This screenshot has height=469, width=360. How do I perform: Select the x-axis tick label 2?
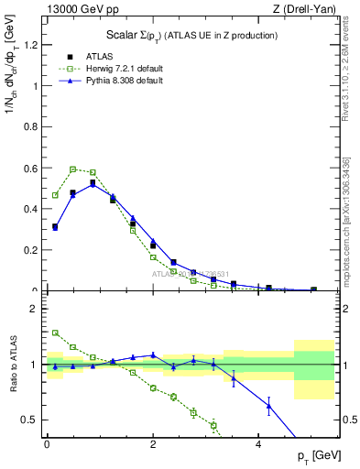pos(153,443)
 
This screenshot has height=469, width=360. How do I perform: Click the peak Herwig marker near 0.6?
pos(72,169)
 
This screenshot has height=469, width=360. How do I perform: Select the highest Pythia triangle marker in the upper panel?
pos(93,184)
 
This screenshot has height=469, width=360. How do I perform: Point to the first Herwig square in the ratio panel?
pos(55,333)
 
